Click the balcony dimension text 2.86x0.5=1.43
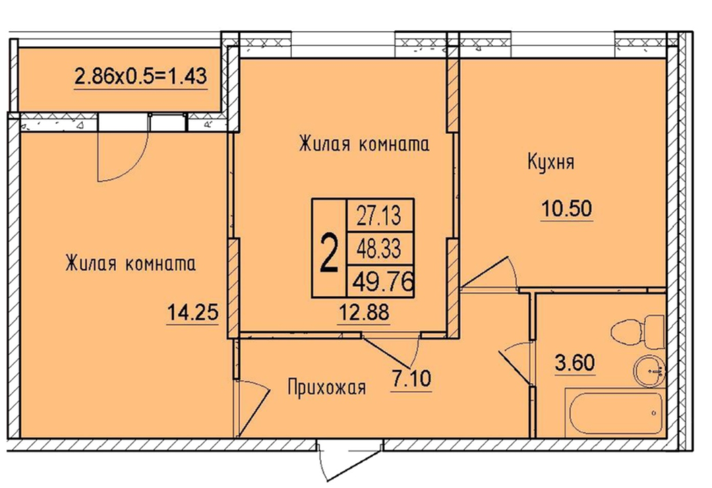(141, 76)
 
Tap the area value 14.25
(193, 312)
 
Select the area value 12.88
(364, 312)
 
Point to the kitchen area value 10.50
(567, 209)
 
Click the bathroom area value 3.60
(575, 363)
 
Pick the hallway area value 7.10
(411, 379)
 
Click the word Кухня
(550, 162)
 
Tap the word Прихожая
(326, 388)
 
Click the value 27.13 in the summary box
(379, 216)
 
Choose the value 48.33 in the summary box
(379, 249)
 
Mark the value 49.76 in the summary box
(383, 282)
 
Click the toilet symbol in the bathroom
(638, 332)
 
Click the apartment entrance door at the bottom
(350, 459)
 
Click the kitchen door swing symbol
(490, 272)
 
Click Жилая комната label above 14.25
(131, 264)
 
